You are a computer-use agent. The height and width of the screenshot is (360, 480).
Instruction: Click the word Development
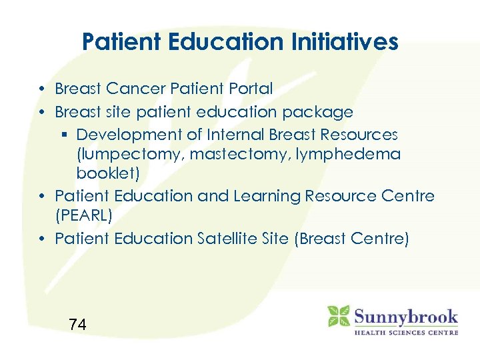point(129,135)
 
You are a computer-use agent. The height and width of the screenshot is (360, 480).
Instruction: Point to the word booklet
point(101,174)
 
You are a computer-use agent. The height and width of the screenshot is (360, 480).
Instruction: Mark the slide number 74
point(77,325)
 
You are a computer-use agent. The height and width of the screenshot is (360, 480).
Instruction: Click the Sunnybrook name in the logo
point(405,316)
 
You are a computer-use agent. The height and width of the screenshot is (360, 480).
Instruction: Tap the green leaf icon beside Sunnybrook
point(339,316)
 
